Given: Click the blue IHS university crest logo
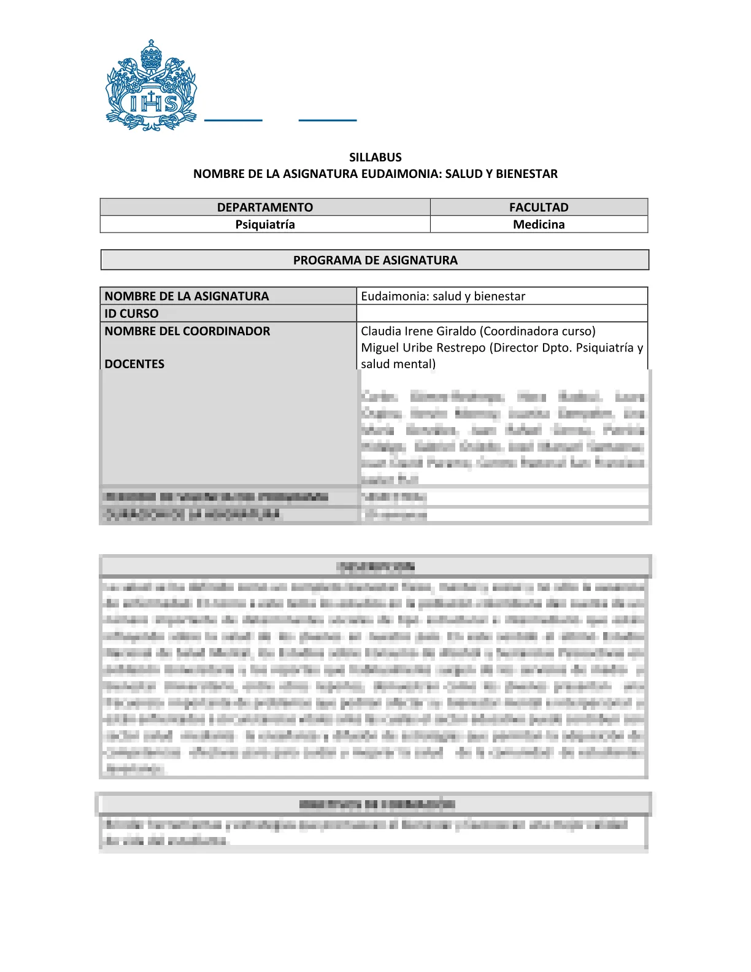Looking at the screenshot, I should (152, 85).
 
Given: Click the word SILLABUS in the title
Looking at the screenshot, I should (375, 157).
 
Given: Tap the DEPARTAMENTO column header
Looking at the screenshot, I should (265, 207).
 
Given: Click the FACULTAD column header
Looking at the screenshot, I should (539, 207).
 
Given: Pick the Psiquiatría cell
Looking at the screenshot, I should (265, 225).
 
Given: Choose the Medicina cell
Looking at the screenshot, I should (539, 225).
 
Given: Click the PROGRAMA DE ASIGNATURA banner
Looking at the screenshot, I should (375, 260).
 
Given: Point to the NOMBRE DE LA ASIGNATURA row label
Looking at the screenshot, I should (187, 296).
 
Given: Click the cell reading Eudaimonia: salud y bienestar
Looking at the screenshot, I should (443, 296).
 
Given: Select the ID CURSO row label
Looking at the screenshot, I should (131, 314).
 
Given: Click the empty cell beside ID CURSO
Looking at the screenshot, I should (502, 314).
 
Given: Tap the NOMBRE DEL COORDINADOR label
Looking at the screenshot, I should (187, 331).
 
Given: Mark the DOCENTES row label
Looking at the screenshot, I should (134, 364).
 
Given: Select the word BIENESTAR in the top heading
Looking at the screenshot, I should (526, 174).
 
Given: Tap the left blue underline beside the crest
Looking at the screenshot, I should (233, 120).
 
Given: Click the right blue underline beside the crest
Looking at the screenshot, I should (328, 120).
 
